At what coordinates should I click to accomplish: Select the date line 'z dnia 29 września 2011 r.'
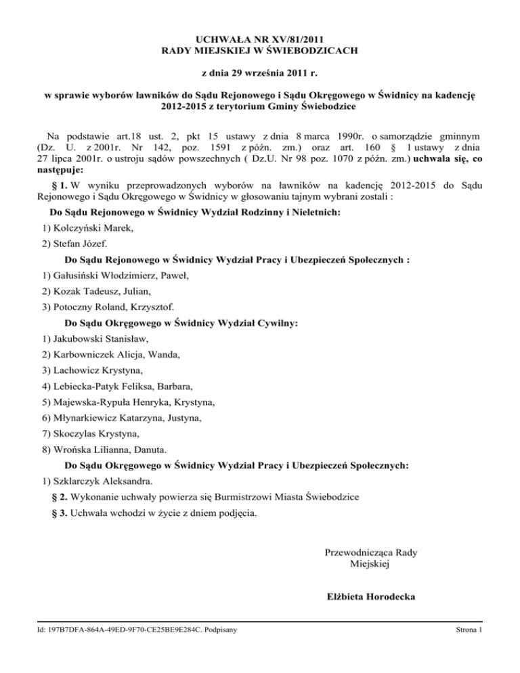click(x=260, y=71)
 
